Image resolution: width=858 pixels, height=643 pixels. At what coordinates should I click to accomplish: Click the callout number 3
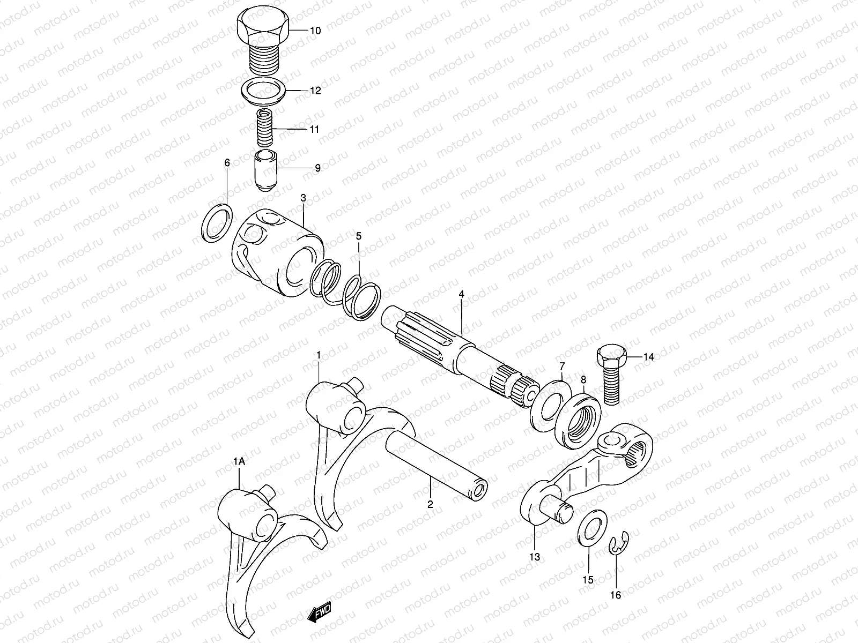[x=303, y=198]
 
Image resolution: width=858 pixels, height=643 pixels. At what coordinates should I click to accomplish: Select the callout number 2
[x=430, y=504]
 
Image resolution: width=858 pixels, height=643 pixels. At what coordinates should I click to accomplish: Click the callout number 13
[x=535, y=557]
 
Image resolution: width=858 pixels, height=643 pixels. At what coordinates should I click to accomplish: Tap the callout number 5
[x=359, y=236]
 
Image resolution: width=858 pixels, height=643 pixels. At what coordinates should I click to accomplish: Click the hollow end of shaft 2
[x=479, y=491]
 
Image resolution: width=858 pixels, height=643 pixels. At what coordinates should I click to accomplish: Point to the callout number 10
[x=315, y=31]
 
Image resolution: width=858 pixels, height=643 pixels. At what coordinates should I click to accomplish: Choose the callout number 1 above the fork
[x=319, y=355]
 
